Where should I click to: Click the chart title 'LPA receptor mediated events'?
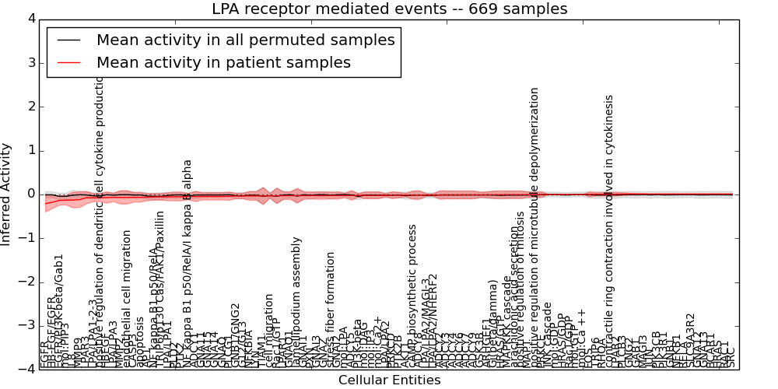pos(389,9)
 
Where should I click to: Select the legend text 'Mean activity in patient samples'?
pos(223,62)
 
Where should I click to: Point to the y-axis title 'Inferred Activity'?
pos(7,194)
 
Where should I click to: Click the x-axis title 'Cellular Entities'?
pos(389,380)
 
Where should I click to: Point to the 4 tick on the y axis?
pos(30,18)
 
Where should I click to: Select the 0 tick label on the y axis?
pos(30,194)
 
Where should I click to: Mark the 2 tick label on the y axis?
pos(30,106)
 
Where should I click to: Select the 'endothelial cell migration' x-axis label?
pos(127,299)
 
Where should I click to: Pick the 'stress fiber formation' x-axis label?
pos(331,310)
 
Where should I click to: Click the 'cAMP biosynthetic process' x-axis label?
pos(413,296)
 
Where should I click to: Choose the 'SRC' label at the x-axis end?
pos(730,355)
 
